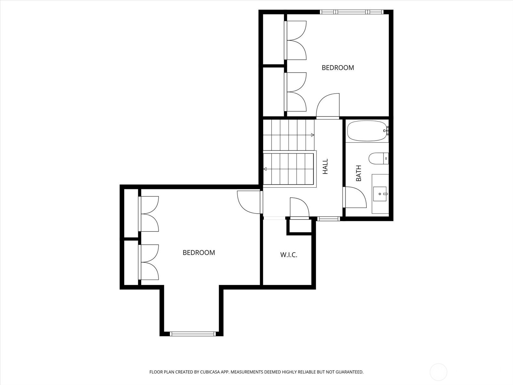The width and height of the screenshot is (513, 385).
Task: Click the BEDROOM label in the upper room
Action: pos(338,68)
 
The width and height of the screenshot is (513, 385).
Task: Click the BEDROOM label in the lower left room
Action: pos(199,253)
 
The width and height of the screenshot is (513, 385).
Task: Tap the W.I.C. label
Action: pos(289,255)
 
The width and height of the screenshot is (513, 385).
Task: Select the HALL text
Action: pos(325,167)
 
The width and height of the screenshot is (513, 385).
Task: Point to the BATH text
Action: pos(358,173)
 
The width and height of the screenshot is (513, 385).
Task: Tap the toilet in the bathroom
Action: pos(378,158)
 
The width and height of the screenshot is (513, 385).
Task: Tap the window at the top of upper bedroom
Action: pos(352,12)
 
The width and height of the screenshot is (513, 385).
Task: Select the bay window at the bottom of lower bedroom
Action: pos(192,334)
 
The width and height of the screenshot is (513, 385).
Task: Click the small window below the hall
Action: pos(328,219)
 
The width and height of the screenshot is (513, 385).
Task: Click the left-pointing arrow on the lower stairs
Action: pos(265,169)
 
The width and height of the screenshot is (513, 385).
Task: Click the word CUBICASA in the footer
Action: pos(209,372)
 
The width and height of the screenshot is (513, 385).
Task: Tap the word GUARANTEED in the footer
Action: pos(349,372)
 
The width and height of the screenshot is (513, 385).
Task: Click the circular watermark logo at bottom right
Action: pos(438,372)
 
